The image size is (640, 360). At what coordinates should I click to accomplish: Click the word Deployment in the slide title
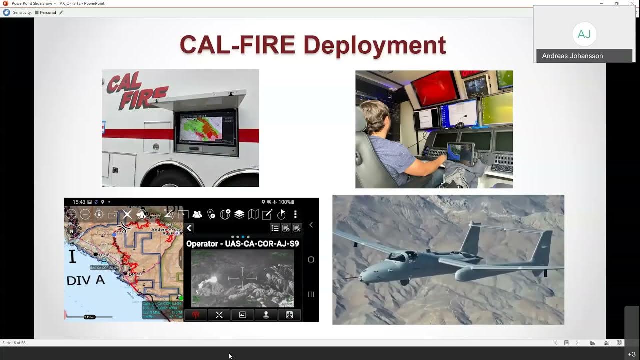[x=374, y=45]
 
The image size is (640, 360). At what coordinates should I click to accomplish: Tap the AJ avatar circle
[x=584, y=34]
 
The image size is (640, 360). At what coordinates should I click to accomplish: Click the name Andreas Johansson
[x=572, y=56]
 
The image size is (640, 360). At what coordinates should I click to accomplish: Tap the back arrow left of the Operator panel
[x=189, y=228]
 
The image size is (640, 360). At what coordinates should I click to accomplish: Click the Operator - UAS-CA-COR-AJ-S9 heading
[x=242, y=244]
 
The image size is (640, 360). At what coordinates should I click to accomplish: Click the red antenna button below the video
[x=196, y=315]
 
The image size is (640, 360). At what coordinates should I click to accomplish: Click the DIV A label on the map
[x=85, y=280]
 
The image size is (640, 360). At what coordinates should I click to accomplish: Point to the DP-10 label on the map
[x=135, y=274]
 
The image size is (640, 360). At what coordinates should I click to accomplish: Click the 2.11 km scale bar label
[x=89, y=317]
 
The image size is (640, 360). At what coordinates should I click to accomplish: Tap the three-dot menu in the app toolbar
[x=295, y=214]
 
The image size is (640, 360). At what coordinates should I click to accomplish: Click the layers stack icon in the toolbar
[x=239, y=214]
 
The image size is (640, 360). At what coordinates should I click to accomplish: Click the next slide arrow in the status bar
[x=577, y=343]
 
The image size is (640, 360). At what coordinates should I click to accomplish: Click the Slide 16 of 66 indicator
[x=14, y=343]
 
